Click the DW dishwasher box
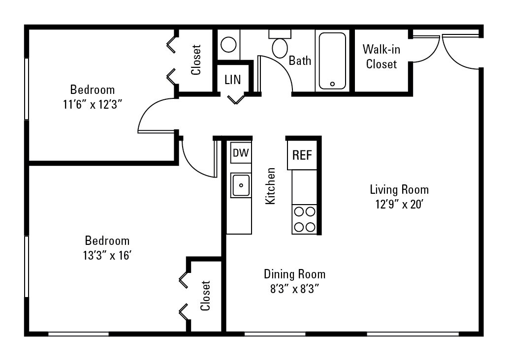tap(241, 153)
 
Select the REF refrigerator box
tap(302, 155)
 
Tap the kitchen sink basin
tap(241, 185)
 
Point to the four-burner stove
tap(304, 219)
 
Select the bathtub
tap(332, 60)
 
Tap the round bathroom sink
tap(228, 45)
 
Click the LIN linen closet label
tap(233, 79)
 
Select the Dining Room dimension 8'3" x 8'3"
tap(294, 289)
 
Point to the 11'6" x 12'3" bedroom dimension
tap(93, 104)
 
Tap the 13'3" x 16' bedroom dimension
tap(107, 256)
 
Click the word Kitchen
tap(270, 186)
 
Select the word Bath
tap(300, 60)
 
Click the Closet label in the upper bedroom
tap(196, 60)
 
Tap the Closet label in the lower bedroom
tap(205, 296)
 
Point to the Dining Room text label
tap(294, 274)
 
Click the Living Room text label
tap(399, 189)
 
